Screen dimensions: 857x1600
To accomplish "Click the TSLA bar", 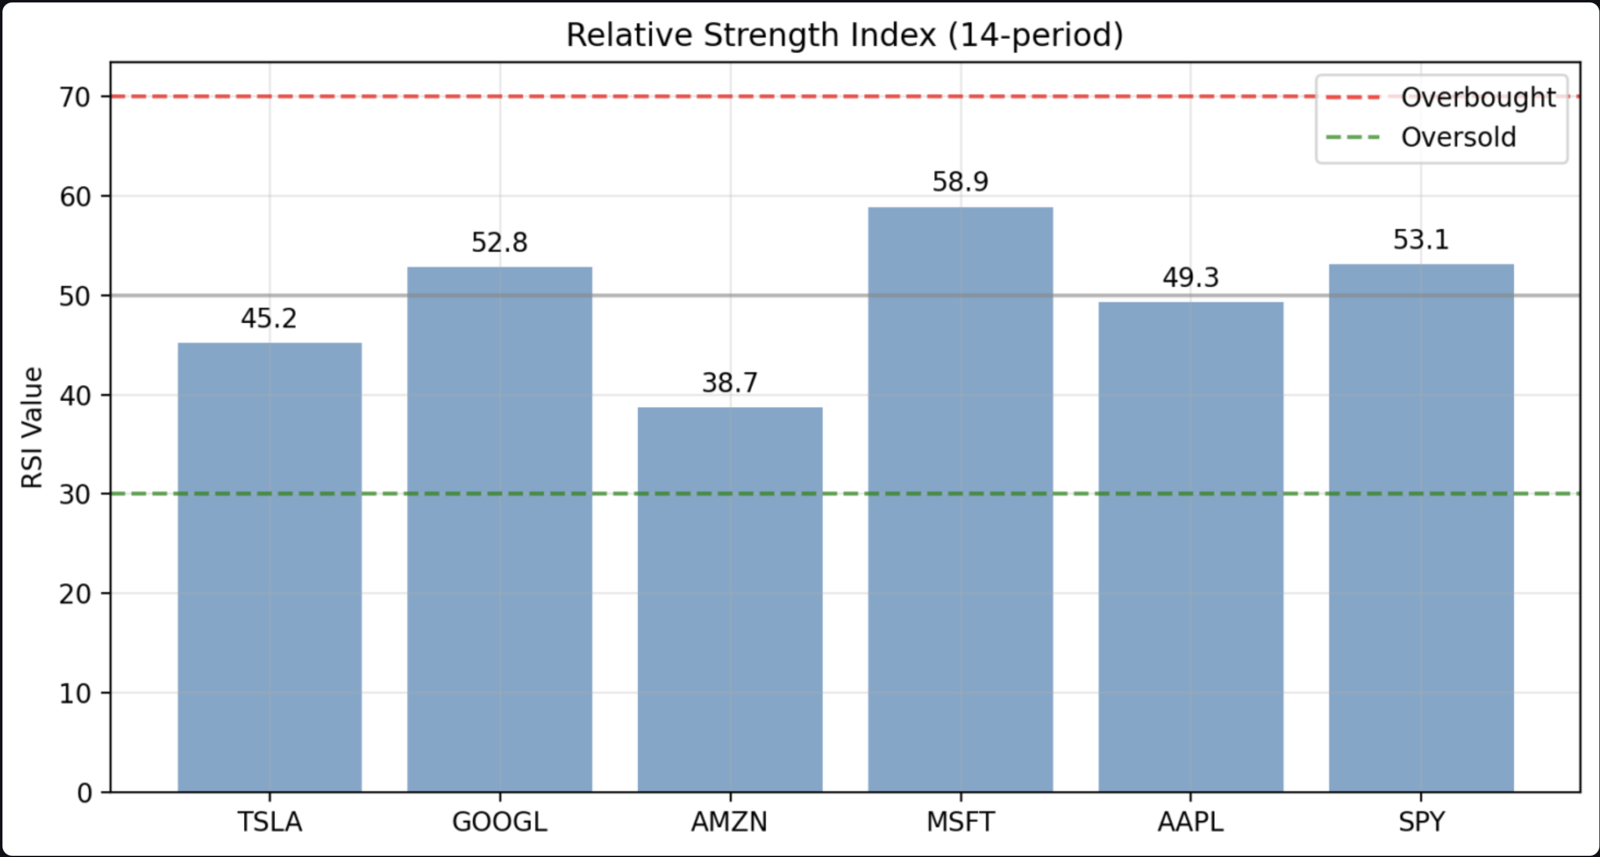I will [270, 567].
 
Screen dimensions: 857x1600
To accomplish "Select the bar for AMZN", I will [730, 599].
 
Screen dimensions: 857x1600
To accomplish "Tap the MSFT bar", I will [960, 499].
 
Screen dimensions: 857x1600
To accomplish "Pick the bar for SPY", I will [1421, 528].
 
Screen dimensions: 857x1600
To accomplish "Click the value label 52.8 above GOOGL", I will [500, 242].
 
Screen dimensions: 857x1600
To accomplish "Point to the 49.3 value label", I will [1191, 277].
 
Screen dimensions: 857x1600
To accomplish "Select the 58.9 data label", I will [960, 182].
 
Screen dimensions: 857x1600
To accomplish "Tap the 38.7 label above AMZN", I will [730, 383].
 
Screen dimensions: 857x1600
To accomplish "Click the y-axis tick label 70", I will [75, 98].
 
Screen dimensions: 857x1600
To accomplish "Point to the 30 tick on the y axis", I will [75, 495].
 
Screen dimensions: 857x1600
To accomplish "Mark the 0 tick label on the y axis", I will [84, 793].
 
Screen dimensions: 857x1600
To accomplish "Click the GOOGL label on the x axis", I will [500, 822].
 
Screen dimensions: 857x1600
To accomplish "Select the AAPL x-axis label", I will [1191, 822].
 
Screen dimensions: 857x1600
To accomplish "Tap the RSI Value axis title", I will [32, 427].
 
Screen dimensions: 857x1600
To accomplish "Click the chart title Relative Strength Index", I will [845, 35].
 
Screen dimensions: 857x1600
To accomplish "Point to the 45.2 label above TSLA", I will [269, 318].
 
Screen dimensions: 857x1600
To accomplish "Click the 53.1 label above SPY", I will [1421, 240].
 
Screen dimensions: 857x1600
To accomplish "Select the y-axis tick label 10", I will [75, 694].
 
